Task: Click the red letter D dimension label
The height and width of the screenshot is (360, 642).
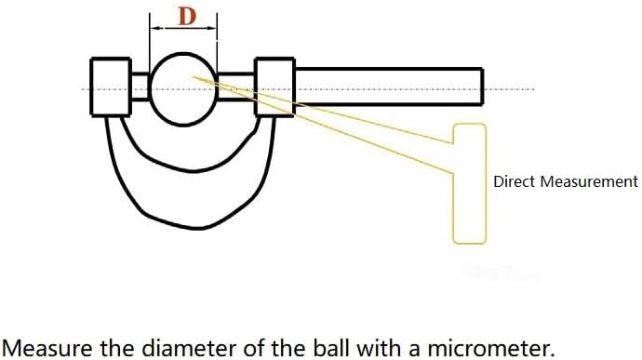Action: pos(187,16)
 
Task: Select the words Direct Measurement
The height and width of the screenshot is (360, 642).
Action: pos(566,181)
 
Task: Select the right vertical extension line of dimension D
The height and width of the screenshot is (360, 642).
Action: pos(217,41)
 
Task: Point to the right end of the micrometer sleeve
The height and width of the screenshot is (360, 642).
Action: pos(483,87)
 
